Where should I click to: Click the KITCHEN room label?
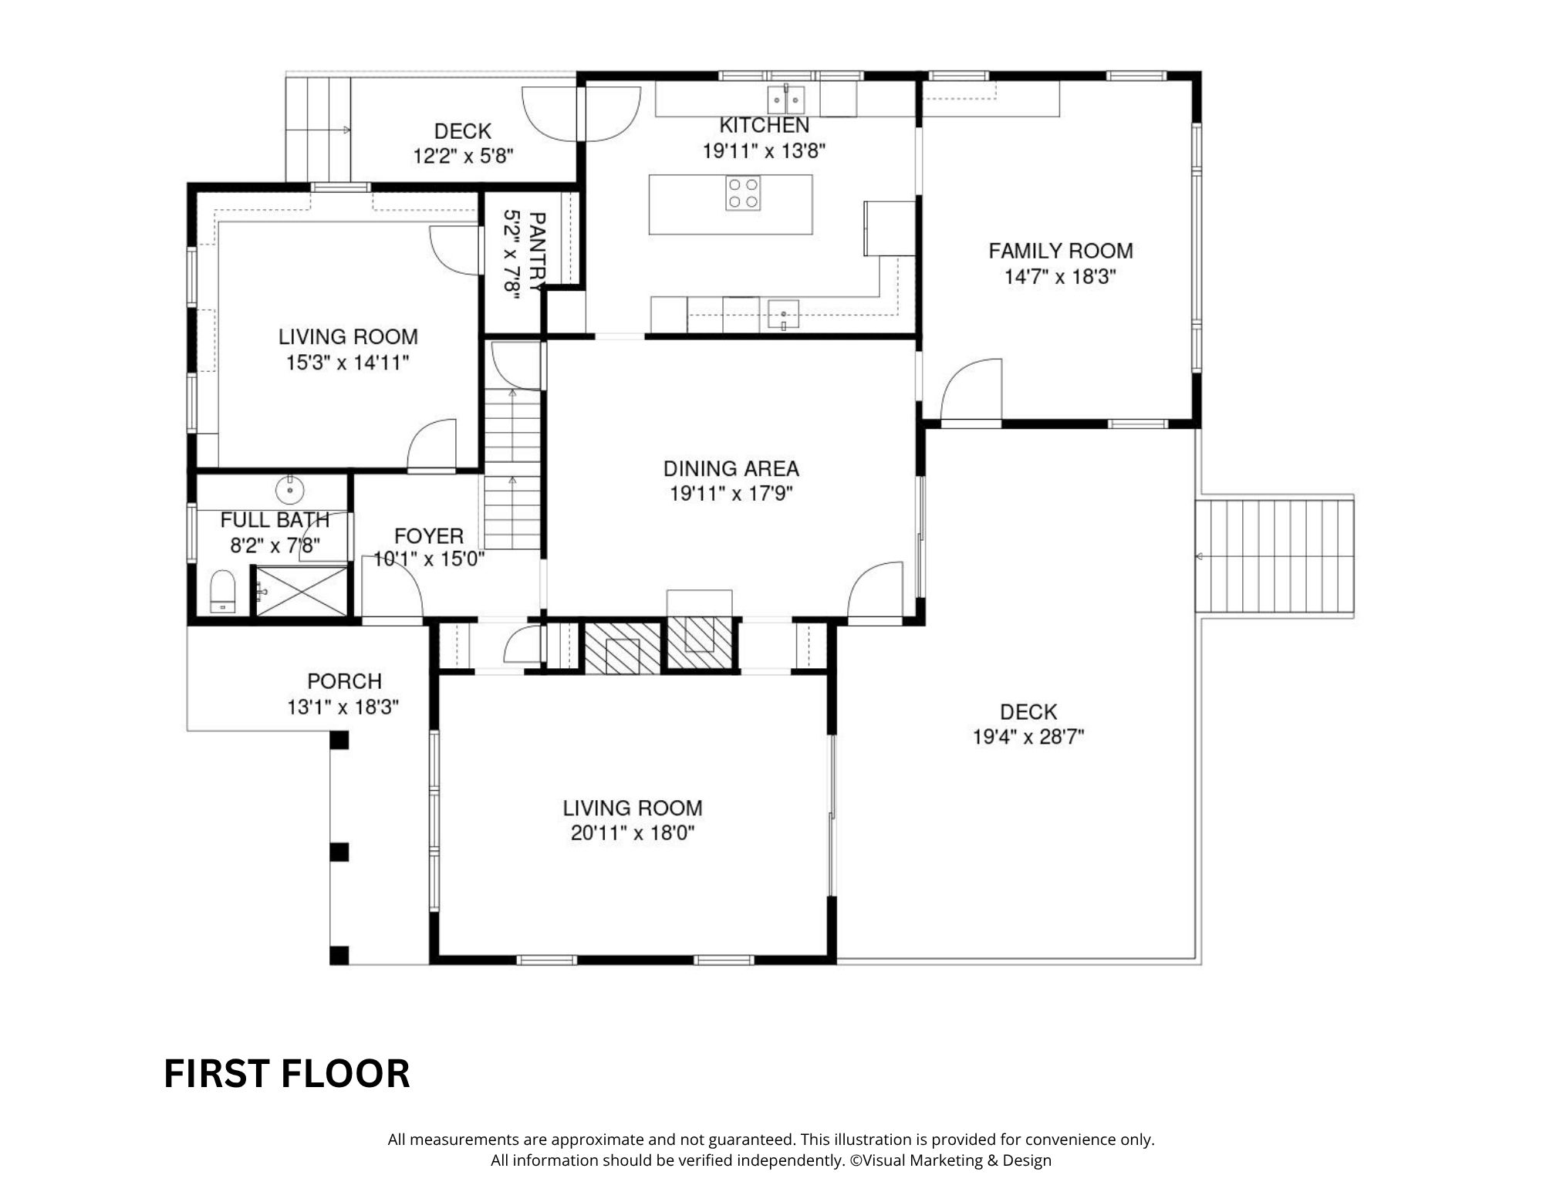tap(764, 125)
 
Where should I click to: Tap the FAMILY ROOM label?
tap(1061, 251)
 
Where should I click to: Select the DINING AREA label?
tap(731, 468)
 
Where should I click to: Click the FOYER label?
tap(429, 536)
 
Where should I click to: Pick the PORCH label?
tap(345, 681)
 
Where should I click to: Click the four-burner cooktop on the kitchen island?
tap(743, 193)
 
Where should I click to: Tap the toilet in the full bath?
tap(222, 592)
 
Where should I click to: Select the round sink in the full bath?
tap(290, 489)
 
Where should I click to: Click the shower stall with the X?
tap(302, 591)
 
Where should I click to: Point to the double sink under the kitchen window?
tap(786, 100)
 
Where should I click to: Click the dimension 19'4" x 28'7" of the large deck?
tap(1028, 738)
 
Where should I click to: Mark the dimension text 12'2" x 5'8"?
tap(463, 157)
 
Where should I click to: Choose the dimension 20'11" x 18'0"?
tap(633, 833)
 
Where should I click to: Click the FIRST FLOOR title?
tap(287, 1073)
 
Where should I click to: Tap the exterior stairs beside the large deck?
tap(1275, 555)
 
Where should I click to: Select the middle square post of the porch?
tap(339, 852)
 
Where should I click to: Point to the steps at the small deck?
tap(319, 130)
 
